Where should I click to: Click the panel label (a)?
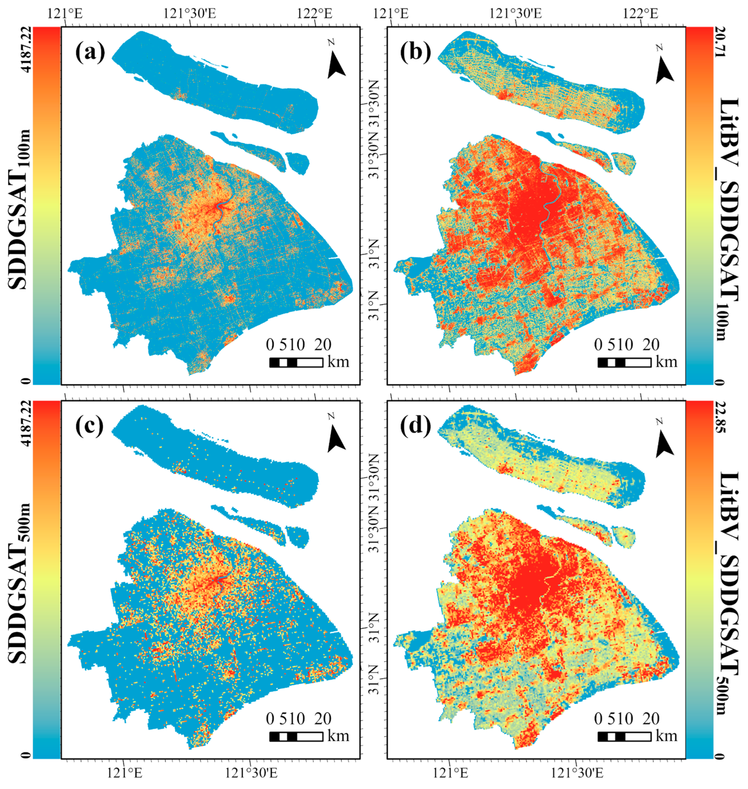(x=90, y=52)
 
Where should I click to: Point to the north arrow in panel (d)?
(x=664, y=439)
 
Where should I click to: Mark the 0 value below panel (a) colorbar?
(x=27, y=381)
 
